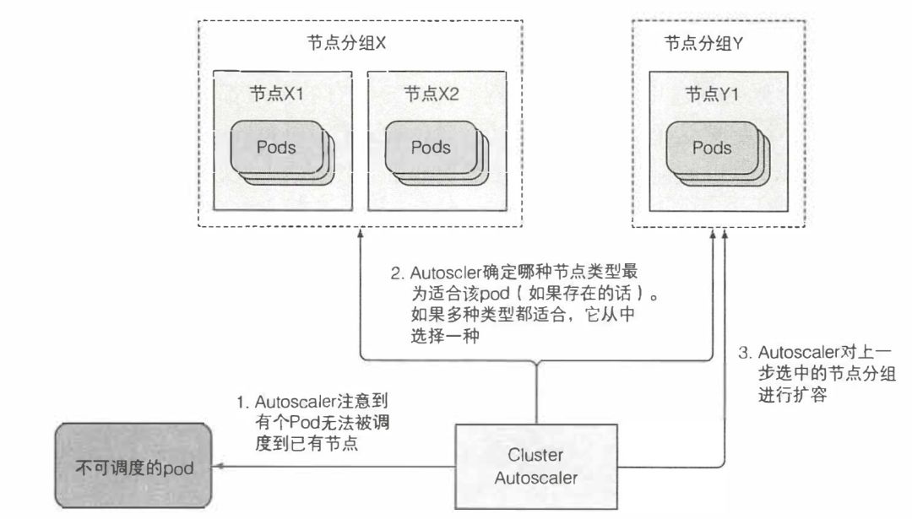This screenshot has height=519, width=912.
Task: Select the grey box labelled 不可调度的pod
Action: tap(134, 465)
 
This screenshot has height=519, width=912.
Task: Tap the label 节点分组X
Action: tap(347, 44)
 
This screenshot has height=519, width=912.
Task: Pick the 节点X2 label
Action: tap(431, 94)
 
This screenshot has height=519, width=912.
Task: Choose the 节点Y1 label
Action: tap(712, 94)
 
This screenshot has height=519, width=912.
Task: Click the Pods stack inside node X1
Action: tap(280, 152)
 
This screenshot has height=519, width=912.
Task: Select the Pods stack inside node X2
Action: tap(434, 152)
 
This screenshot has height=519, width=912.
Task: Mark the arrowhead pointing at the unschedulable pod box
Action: tap(219, 466)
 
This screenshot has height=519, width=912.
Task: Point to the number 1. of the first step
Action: tap(243, 401)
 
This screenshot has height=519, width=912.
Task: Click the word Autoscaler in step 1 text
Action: tap(292, 401)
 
